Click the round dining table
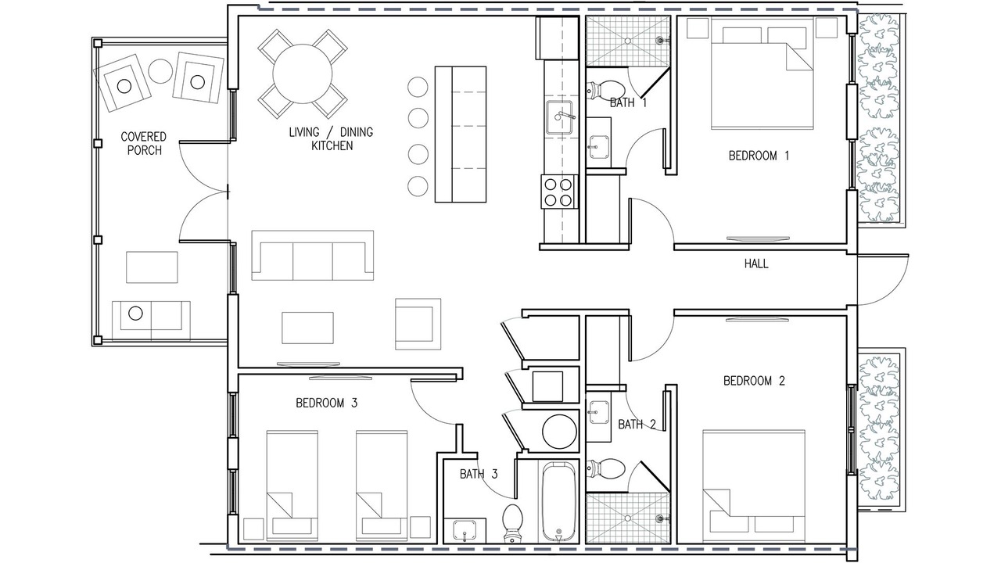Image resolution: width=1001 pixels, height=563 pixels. (303, 74)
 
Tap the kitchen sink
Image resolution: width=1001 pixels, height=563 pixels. (559, 117)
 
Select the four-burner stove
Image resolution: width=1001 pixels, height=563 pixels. (558, 192)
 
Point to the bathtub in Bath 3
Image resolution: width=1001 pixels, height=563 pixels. (558, 502)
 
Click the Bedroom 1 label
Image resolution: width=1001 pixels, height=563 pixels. (759, 156)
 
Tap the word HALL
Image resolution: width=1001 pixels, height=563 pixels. (756, 264)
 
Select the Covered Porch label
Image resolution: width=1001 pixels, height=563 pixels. (144, 143)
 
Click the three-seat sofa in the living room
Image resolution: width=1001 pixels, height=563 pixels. (312, 255)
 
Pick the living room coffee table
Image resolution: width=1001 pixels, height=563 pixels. (307, 328)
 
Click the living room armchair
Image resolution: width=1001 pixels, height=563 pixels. (418, 324)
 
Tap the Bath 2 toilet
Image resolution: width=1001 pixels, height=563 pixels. (605, 468)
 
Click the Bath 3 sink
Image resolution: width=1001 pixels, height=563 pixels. (465, 530)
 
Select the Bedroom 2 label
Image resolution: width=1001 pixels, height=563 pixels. (754, 381)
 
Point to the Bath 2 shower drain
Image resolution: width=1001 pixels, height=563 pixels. (628, 518)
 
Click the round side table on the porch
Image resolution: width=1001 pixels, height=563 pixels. (160, 71)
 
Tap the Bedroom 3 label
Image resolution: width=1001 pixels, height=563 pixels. (327, 403)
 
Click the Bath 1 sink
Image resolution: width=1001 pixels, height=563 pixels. (598, 147)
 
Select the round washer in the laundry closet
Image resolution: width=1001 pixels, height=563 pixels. (559, 431)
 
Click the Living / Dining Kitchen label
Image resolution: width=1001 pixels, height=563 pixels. (331, 139)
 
